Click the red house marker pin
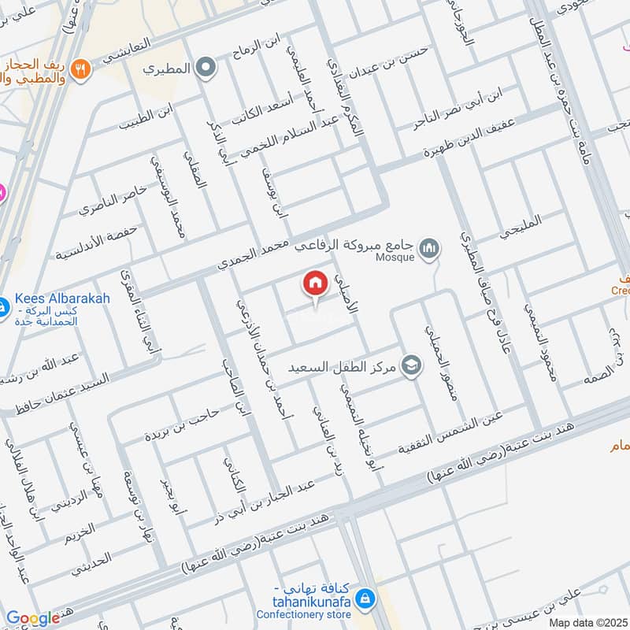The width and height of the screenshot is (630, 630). (x=315, y=283)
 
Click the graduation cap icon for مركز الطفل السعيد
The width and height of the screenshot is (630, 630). (x=410, y=365)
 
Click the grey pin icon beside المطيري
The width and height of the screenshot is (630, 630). (x=206, y=69)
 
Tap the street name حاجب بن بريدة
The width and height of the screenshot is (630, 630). (x=181, y=424)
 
